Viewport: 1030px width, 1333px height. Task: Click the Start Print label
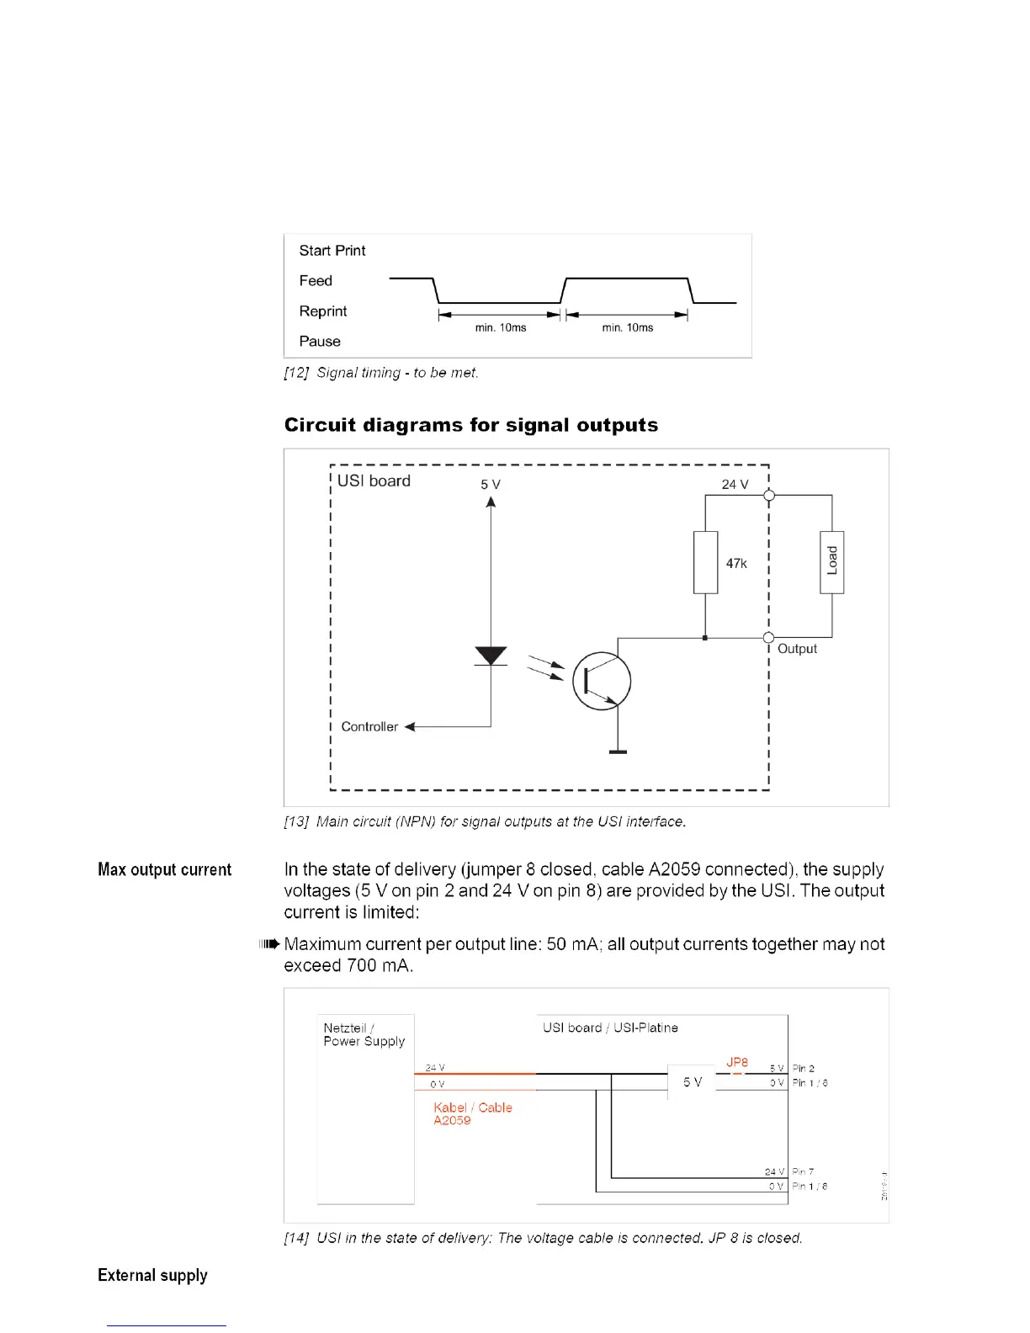pyautogui.click(x=332, y=251)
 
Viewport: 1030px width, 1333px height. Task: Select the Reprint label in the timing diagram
pyautogui.click(x=323, y=311)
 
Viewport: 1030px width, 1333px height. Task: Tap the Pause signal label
pyautogui.click(x=320, y=342)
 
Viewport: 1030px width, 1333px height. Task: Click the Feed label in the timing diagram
pyautogui.click(x=316, y=281)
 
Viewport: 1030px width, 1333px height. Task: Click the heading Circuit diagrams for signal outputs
pyautogui.click(x=471, y=425)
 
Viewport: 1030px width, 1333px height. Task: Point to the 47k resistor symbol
pyautogui.click(x=705, y=562)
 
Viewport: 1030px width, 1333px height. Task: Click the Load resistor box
pyautogui.click(x=831, y=562)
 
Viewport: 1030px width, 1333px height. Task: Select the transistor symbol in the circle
pyautogui.click(x=602, y=681)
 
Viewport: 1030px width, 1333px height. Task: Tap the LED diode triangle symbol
pyautogui.click(x=491, y=656)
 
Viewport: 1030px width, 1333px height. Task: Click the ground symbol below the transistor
pyautogui.click(x=618, y=751)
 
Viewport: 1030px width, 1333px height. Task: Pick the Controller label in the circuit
pyautogui.click(x=369, y=727)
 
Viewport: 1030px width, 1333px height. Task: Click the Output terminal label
pyautogui.click(x=797, y=649)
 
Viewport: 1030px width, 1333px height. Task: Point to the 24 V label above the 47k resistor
pyautogui.click(x=735, y=485)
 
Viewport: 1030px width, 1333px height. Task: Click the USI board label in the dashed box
pyautogui.click(x=374, y=481)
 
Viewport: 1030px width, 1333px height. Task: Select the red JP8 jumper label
pyautogui.click(x=737, y=1063)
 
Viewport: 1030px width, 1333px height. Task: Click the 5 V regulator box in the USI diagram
pyautogui.click(x=692, y=1082)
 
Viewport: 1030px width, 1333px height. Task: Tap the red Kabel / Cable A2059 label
pyautogui.click(x=472, y=1113)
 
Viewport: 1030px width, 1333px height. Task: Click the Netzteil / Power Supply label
pyautogui.click(x=364, y=1034)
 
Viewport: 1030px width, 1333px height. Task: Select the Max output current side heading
pyautogui.click(x=164, y=870)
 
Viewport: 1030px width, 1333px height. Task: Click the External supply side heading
pyautogui.click(x=152, y=1276)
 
